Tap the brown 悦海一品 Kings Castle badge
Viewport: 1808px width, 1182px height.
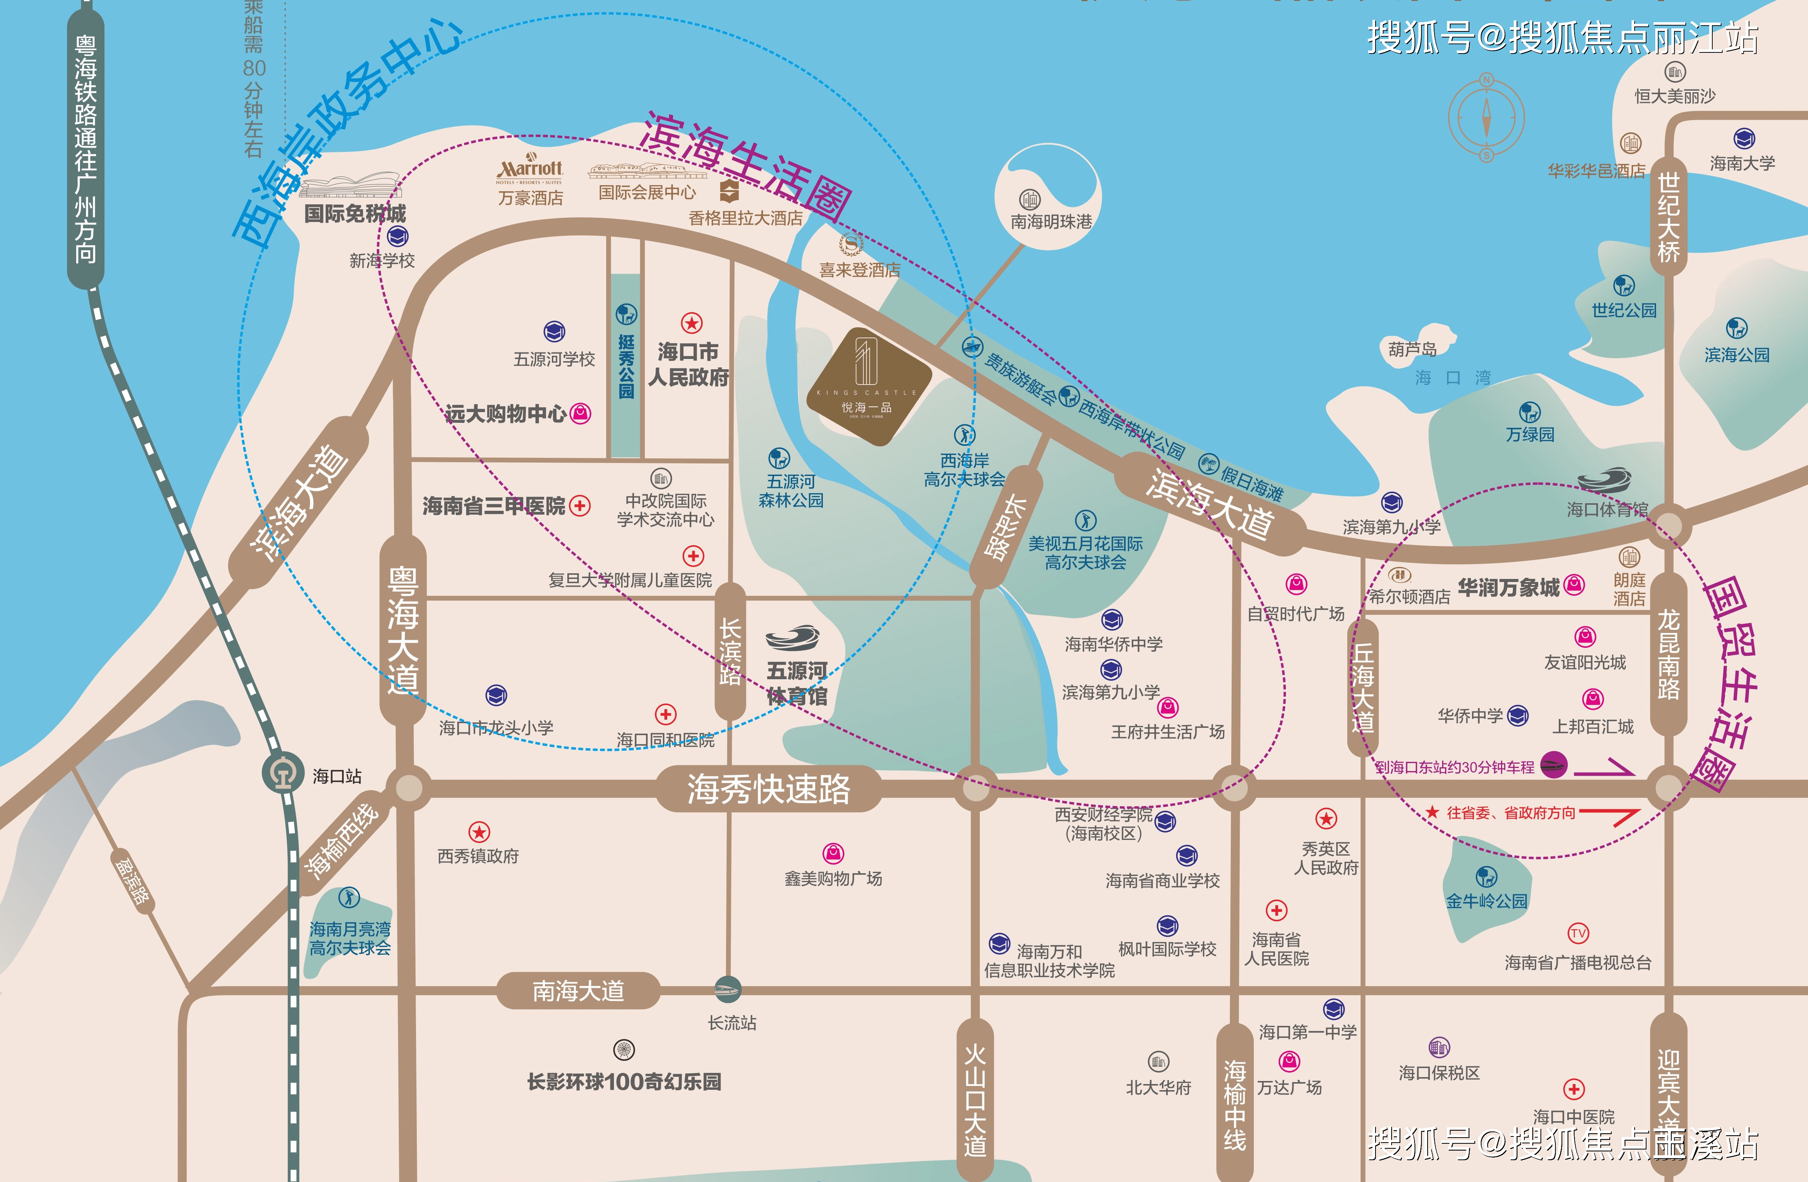point(868,386)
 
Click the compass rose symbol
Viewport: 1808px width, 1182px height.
point(1486,118)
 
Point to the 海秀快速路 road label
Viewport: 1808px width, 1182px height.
point(769,789)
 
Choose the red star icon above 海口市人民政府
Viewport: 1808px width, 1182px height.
point(691,323)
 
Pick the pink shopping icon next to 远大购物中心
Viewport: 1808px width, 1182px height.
point(580,413)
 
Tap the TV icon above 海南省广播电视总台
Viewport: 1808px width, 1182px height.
point(1578,933)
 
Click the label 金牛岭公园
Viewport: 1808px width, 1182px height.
point(1486,901)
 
